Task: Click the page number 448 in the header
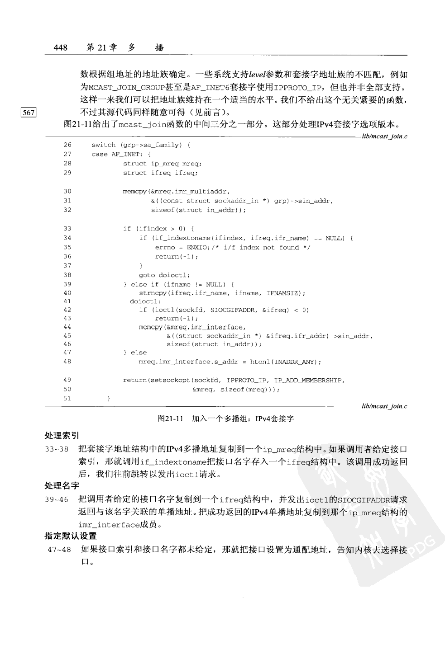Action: pyautogui.click(x=60, y=47)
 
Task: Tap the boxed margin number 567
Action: pyautogui.click(x=28, y=113)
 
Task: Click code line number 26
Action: pyautogui.click(x=67, y=145)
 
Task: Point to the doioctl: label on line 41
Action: pyautogui.click(x=145, y=301)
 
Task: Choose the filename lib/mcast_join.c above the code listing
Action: pyautogui.click(x=384, y=136)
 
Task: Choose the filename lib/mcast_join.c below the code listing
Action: pyautogui.click(x=384, y=406)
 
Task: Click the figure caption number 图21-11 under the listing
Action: pyautogui.click(x=170, y=419)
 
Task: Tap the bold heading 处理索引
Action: pyautogui.click(x=62, y=436)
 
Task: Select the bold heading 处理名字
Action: pyautogui.click(x=62, y=486)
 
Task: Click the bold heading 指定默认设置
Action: pyautogui.click(x=70, y=536)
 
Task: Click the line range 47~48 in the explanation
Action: pyautogui.click(x=59, y=550)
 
